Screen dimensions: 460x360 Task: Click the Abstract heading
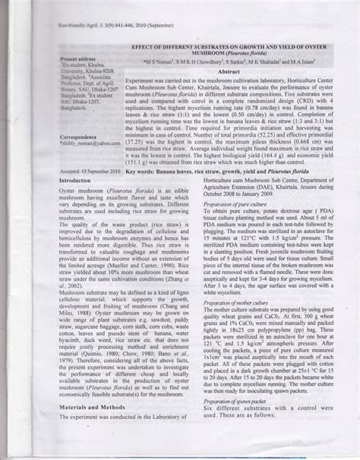point(229,92)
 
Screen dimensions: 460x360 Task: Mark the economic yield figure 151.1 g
point(144,184)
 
